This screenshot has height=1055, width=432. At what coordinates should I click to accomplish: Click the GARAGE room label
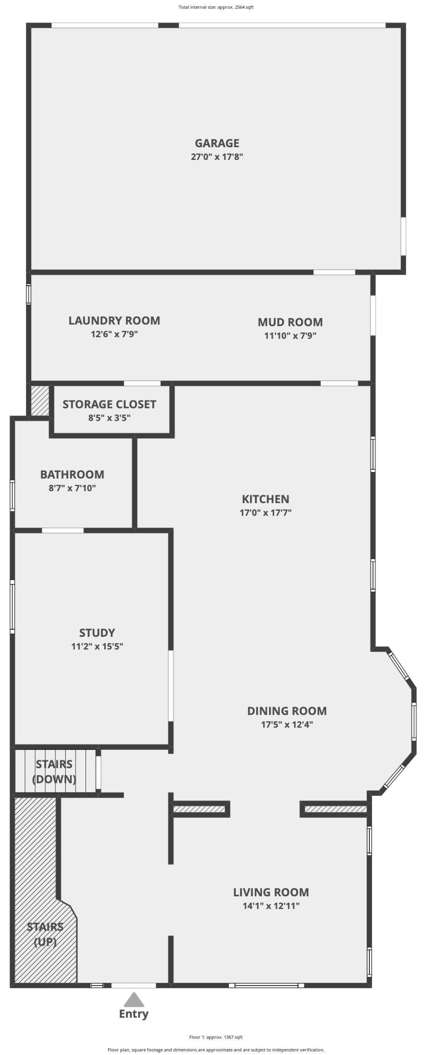tap(217, 143)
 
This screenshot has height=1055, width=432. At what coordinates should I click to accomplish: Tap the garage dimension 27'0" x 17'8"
tap(217, 157)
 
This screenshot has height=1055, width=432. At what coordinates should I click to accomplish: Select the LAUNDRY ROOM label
tap(114, 320)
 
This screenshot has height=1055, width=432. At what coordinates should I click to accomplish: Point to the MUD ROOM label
tap(290, 322)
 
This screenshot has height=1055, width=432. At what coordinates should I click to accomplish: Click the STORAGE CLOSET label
tap(109, 404)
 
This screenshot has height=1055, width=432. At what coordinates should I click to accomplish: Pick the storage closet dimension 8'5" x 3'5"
tap(109, 418)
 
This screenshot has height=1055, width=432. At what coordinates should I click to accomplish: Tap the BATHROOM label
tap(72, 474)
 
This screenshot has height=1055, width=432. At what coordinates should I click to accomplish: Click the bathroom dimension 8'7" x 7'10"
tap(72, 488)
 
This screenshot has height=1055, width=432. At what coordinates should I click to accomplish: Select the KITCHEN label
tap(265, 499)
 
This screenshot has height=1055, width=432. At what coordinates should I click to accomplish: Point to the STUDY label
tap(97, 633)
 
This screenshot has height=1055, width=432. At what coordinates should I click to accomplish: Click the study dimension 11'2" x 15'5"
tap(97, 646)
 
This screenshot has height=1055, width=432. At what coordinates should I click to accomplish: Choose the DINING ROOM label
tap(287, 711)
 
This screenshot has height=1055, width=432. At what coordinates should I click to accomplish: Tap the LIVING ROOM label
tap(271, 892)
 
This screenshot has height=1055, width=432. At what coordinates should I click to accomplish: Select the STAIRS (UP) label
tap(45, 934)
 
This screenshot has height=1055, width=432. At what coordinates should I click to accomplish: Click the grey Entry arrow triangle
tap(134, 999)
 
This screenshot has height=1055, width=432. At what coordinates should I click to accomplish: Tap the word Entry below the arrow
tap(134, 1014)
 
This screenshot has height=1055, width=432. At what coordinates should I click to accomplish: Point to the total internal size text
tap(216, 7)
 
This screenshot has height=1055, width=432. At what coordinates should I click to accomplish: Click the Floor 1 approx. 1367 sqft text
tap(216, 1037)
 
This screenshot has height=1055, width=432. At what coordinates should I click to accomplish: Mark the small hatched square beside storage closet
tap(40, 400)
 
